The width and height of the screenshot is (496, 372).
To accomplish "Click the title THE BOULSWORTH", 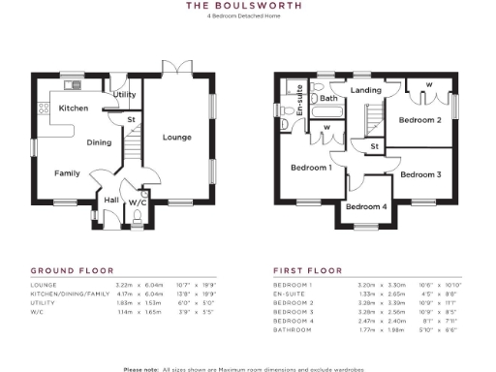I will [x=247, y=6].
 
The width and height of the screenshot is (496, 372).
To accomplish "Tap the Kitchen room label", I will [x=75, y=108].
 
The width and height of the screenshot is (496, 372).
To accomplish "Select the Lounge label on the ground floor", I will [x=176, y=137].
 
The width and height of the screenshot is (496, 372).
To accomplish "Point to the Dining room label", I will [x=100, y=142].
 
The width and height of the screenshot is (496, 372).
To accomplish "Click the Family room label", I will [x=67, y=173].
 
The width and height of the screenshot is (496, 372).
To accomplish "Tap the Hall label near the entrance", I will [x=111, y=201].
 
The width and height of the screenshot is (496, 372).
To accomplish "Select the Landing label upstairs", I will [x=365, y=91].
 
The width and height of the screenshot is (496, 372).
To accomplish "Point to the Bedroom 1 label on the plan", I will [x=311, y=168].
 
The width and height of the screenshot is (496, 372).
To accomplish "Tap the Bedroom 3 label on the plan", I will [x=421, y=174].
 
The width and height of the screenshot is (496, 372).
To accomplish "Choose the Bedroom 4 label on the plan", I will [x=366, y=206].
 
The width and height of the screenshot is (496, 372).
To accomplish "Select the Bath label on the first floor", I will [x=328, y=98].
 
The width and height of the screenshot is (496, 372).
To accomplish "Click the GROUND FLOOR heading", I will [x=73, y=270].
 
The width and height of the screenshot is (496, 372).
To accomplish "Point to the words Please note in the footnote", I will [x=142, y=368].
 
